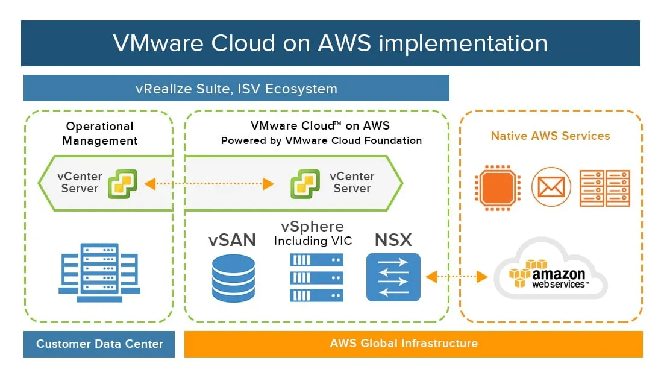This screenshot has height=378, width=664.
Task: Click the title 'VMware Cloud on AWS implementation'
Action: [x=330, y=43]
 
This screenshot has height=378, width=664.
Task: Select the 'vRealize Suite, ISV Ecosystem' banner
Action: [x=236, y=89]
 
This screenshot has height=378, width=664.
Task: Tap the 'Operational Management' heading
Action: [x=100, y=133]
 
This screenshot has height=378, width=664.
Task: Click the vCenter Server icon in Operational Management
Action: [x=123, y=183]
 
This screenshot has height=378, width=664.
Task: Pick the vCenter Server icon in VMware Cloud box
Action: [x=305, y=183]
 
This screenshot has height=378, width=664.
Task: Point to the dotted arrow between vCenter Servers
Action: [x=208, y=183]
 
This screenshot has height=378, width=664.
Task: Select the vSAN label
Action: [x=233, y=239]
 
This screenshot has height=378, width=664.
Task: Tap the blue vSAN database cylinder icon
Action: [x=233, y=278]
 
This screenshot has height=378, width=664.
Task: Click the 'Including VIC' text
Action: [x=313, y=241]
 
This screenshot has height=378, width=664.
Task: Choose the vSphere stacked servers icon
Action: [x=316, y=277]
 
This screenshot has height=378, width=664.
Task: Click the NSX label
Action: [x=393, y=239]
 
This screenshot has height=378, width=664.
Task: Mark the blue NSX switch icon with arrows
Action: [x=393, y=277]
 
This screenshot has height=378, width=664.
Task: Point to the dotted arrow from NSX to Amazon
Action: [x=456, y=277]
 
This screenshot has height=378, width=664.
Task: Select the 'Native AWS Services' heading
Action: [x=550, y=136]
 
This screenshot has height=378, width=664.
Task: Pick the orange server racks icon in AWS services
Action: [x=604, y=187]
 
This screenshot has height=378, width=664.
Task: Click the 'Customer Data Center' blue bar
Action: [x=99, y=344]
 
